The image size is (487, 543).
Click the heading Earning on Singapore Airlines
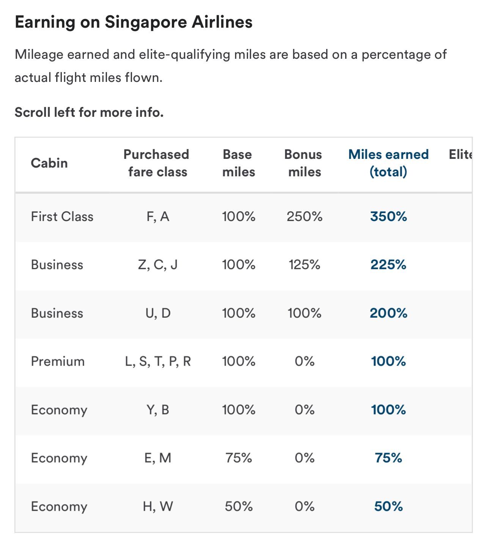pyautogui.click(x=134, y=22)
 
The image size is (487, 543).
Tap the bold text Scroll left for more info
pyautogui.click(x=89, y=112)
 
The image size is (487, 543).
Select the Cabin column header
pyautogui.click(x=49, y=163)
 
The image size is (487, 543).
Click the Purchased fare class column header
pyautogui.click(x=157, y=163)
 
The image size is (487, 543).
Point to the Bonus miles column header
pyautogui.click(x=303, y=163)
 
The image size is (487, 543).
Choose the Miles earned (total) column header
pyautogui.click(x=388, y=163)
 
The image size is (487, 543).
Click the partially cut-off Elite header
pyautogui.click(x=460, y=154)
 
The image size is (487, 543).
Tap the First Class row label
pyautogui.click(x=62, y=217)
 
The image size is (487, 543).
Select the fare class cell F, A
pyautogui.click(x=158, y=217)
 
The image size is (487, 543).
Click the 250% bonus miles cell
pyautogui.click(x=304, y=217)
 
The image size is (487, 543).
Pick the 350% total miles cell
pyautogui.click(x=388, y=217)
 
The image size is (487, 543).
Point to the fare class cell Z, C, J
pyautogui.click(x=158, y=265)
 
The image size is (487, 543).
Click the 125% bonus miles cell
pyautogui.click(x=304, y=265)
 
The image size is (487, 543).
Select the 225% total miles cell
pyautogui.click(x=388, y=265)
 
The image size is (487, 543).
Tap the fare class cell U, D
pyautogui.click(x=158, y=313)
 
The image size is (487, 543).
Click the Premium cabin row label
pyautogui.click(x=58, y=361)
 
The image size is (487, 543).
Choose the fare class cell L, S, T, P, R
pyautogui.click(x=158, y=361)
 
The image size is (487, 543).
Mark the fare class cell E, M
pyautogui.click(x=158, y=458)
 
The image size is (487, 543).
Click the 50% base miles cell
pyautogui.click(x=239, y=506)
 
